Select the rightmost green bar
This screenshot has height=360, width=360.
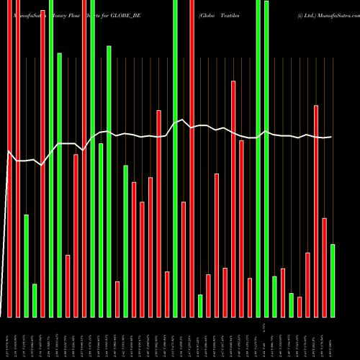point(333,281)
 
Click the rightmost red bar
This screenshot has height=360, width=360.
point(324,267)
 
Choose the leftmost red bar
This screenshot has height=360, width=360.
point(10,158)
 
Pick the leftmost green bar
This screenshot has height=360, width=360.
point(27,266)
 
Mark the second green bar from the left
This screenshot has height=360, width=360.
point(35,300)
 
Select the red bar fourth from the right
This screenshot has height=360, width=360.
point(307,284)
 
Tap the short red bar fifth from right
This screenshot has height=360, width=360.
point(300,307)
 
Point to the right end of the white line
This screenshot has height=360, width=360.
point(331,137)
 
